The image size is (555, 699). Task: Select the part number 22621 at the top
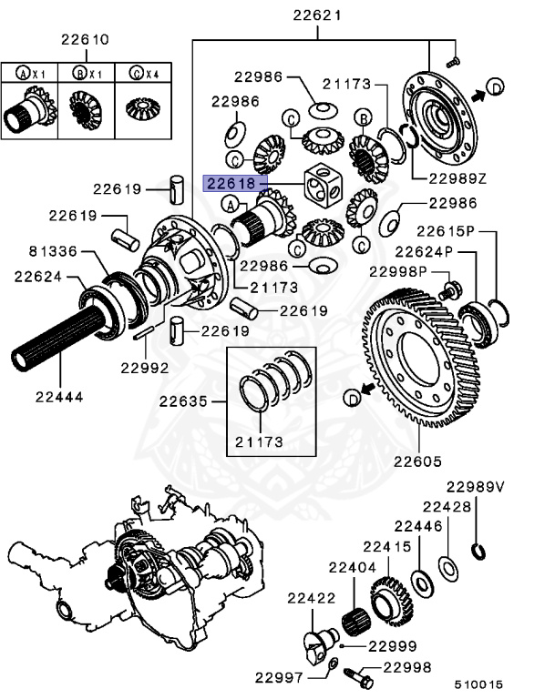point(318,15)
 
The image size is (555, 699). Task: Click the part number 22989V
point(475,487)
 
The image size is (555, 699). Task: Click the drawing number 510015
point(479,684)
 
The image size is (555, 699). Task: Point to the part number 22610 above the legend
point(85,40)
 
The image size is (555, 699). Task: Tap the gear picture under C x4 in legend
point(141,111)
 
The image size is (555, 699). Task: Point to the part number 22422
point(312,598)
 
